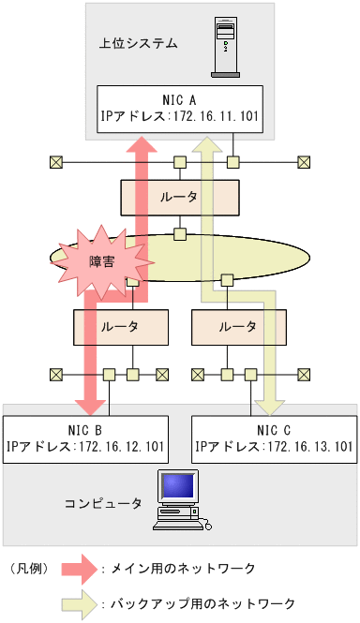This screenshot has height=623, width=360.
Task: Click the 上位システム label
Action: [138, 43]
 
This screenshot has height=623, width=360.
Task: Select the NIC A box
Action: [179, 108]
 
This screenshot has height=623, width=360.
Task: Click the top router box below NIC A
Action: [179, 196]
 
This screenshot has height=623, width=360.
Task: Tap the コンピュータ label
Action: [103, 503]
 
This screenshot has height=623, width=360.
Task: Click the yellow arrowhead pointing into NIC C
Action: [272, 404]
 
